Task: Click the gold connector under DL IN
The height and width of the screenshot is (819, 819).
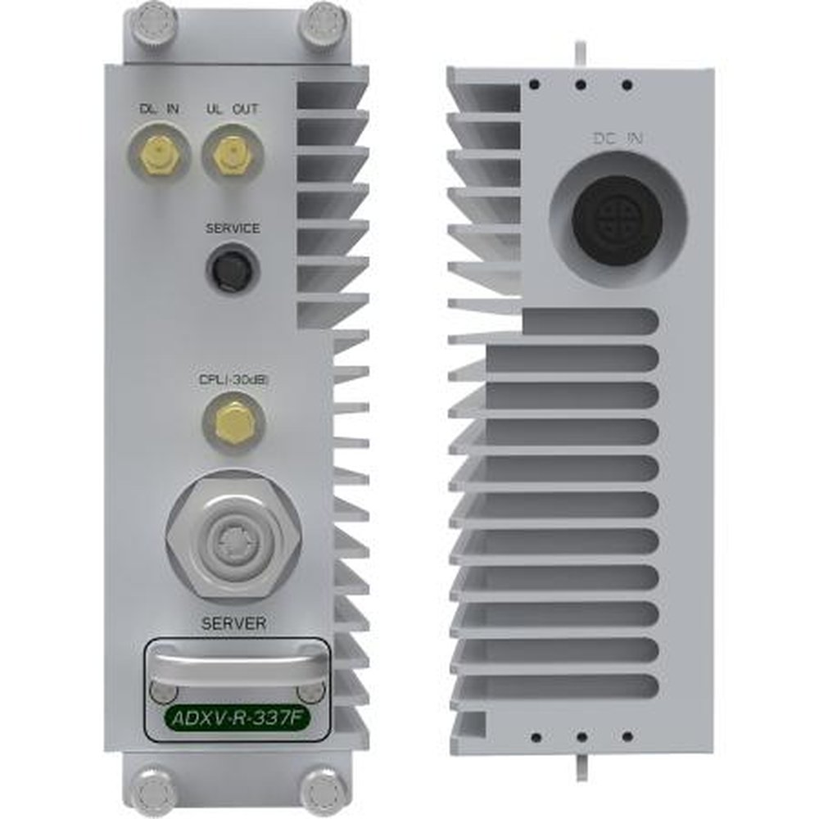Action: pos(160,154)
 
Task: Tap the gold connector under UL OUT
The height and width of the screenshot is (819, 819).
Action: pos(232,154)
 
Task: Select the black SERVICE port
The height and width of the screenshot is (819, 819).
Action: pos(233,269)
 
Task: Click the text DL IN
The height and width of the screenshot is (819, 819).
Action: pos(160,108)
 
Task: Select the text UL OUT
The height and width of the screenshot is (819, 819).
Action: pos(233,108)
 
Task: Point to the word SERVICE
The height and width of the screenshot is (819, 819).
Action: pos(233,229)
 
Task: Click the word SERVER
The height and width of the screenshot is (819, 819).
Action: pos(233,624)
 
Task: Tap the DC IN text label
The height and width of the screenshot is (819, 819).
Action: pos(618,139)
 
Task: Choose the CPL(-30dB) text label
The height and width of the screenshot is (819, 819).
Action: pos(233,380)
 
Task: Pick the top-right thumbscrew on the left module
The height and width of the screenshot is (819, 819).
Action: pos(324,22)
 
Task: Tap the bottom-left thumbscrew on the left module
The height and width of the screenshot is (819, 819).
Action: pos(154,791)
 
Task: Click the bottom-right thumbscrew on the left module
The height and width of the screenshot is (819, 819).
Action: pos(324,791)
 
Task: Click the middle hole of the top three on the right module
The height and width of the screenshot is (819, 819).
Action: pos(581,84)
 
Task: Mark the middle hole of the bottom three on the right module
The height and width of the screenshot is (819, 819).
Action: pos(581,737)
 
